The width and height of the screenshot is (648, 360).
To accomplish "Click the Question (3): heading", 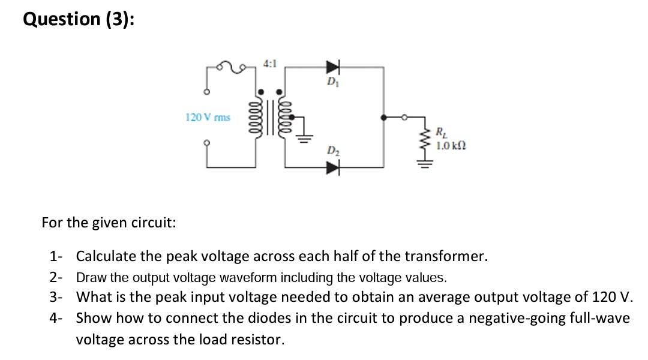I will pos(79,19).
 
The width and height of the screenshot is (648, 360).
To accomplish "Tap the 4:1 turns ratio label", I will pos(269,62).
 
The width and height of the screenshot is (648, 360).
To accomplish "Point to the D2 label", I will pos(332,151).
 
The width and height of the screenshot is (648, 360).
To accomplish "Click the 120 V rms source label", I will pos(208,118).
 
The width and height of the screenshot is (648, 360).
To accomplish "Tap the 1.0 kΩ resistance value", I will pos(452,145).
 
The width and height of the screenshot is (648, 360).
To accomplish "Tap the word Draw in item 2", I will pos(89,277).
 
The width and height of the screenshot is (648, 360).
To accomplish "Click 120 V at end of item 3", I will pos(612,298).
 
